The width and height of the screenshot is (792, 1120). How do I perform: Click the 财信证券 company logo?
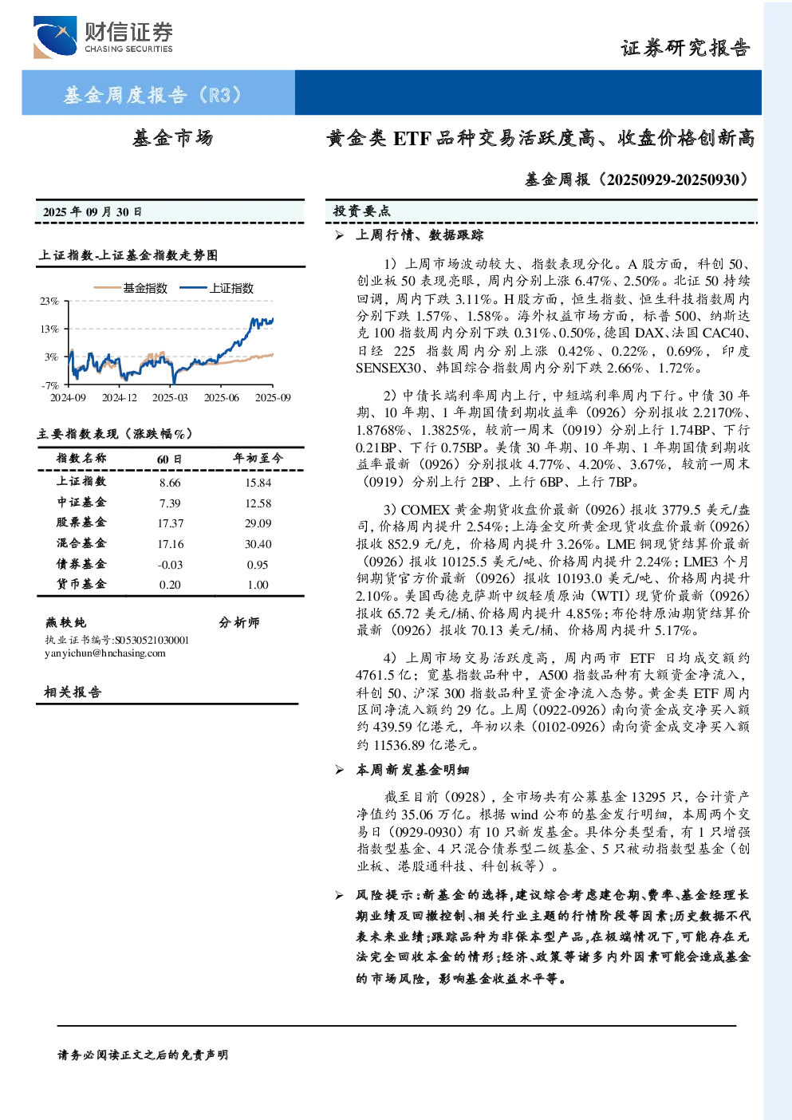(103, 37)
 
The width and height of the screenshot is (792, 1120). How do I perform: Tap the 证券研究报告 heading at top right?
(685, 48)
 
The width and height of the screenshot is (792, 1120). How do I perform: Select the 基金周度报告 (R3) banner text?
(152, 94)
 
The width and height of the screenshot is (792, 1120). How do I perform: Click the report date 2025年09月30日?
(93, 212)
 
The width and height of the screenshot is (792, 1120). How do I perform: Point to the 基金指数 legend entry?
(131, 288)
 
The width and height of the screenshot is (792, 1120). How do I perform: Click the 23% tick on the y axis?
(49, 301)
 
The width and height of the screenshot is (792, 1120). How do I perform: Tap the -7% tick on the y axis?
(50, 385)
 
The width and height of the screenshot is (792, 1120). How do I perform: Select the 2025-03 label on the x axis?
(170, 397)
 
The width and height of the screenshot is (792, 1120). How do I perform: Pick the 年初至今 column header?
(258, 458)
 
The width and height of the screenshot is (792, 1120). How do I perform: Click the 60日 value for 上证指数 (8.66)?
(170, 483)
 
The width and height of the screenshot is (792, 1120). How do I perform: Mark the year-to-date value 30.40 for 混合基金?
(258, 544)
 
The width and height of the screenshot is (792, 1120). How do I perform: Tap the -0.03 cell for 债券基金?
(170, 565)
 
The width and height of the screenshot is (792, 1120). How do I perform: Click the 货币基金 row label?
(81, 584)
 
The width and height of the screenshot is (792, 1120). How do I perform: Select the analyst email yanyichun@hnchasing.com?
(105, 653)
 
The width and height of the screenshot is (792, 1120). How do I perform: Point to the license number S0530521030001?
(152, 641)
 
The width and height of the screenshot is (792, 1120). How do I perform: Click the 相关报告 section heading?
(73, 692)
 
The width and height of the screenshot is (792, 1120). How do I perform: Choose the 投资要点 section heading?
(362, 211)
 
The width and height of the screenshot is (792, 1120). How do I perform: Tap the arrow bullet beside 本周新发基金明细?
(340, 770)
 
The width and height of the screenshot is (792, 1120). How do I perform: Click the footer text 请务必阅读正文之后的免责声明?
(143, 1055)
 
